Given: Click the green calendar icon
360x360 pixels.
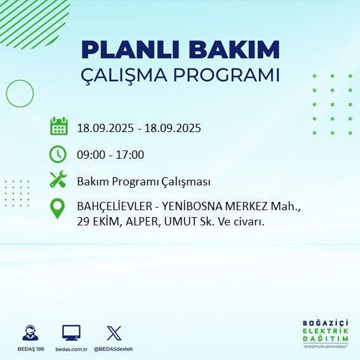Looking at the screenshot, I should coord(58,126).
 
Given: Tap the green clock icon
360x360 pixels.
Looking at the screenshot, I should coord(58,154).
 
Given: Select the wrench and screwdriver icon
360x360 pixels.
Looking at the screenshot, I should coord(58,180).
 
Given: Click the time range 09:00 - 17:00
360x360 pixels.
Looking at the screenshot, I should coord(110,155).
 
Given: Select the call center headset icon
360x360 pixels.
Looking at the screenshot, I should coord(30,333).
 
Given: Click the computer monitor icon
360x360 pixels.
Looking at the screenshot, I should coord(71,333).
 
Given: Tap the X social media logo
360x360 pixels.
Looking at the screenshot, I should coord(114,333).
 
